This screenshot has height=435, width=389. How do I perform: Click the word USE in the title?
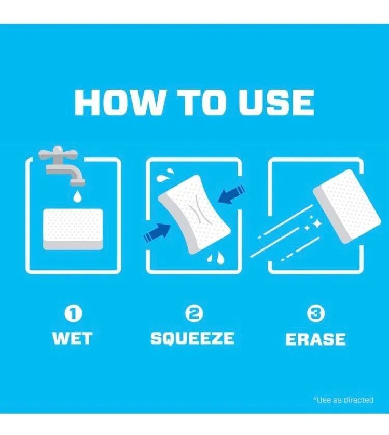(x=276, y=102)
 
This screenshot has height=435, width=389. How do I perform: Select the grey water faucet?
(x=62, y=165)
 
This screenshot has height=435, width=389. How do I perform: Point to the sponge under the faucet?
(x=73, y=229)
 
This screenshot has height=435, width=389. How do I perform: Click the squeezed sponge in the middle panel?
(x=195, y=215)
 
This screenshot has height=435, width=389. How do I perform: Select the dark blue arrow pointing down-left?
(x=231, y=194)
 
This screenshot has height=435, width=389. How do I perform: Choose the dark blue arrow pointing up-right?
(x=157, y=233)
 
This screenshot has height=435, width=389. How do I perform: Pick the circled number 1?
(x=73, y=313)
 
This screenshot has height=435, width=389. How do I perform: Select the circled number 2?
(x=194, y=313)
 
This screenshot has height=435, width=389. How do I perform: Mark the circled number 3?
(x=316, y=313)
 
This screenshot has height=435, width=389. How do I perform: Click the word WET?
(x=72, y=338)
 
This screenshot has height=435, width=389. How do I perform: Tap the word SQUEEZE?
(x=192, y=338)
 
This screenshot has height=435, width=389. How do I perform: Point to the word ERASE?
(x=316, y=339)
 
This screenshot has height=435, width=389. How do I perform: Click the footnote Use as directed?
(x=343, y=400)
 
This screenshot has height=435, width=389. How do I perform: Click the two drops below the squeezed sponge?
(x=216, y=258)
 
